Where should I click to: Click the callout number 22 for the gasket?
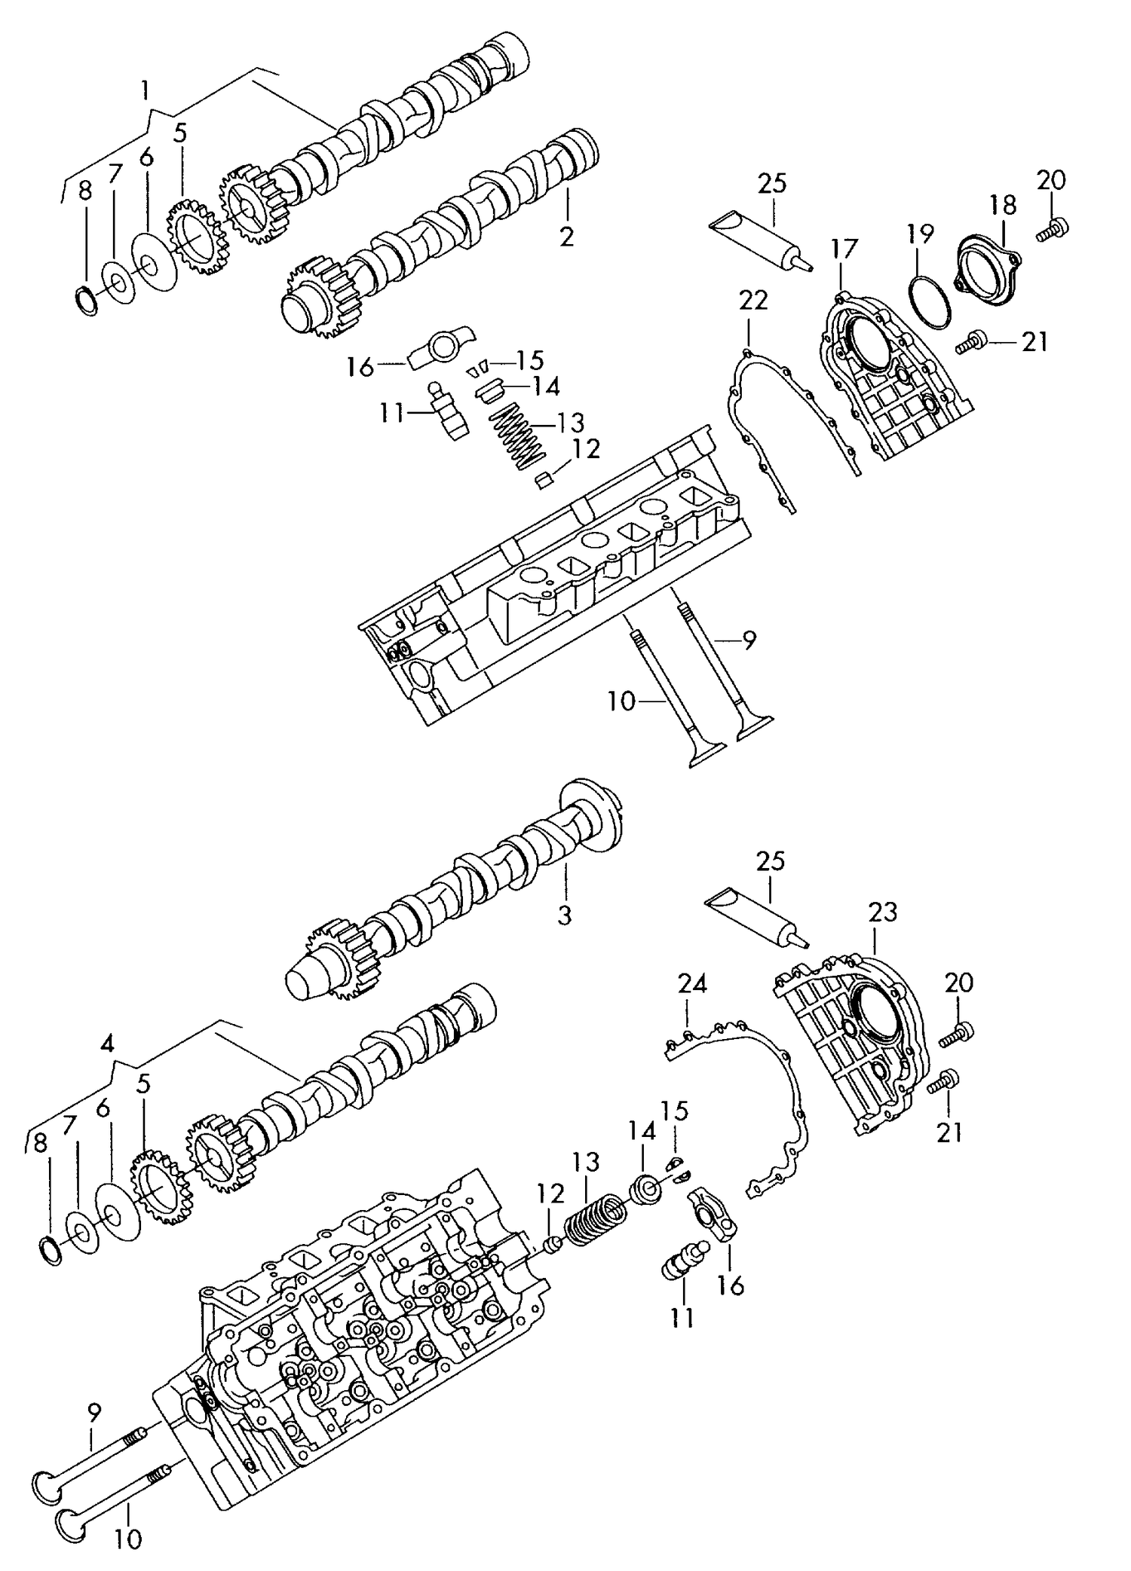point(752,300)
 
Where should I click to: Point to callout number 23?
point(882,913)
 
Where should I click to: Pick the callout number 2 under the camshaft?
point(566,237)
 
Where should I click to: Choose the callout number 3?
point(565,915)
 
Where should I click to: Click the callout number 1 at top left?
point(145,91)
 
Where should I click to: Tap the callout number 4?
point(107,1044)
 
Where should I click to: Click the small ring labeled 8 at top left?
point(87,301)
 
